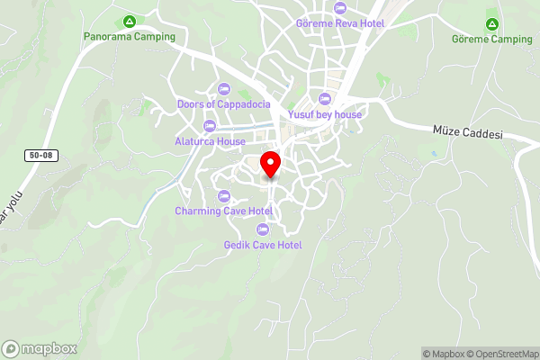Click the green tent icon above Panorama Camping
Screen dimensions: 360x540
[x=130, y=21]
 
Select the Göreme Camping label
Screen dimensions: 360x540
[x=492, y=40]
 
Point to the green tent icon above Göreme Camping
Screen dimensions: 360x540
[x=491, y=23]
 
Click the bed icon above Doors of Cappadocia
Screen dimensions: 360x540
[x=223, y=88]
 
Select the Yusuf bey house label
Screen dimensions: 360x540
[x=325, y=114]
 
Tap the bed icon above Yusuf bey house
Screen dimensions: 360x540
[x=325, y=98]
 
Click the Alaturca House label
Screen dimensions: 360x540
[x=211, y=141]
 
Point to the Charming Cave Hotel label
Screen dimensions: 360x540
[x=223, y=211]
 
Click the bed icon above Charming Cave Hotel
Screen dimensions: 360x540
[x=224, y=195]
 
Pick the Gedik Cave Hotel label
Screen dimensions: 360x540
[x=263, y=245]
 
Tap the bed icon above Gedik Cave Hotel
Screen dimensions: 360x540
[x=262, y=229]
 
